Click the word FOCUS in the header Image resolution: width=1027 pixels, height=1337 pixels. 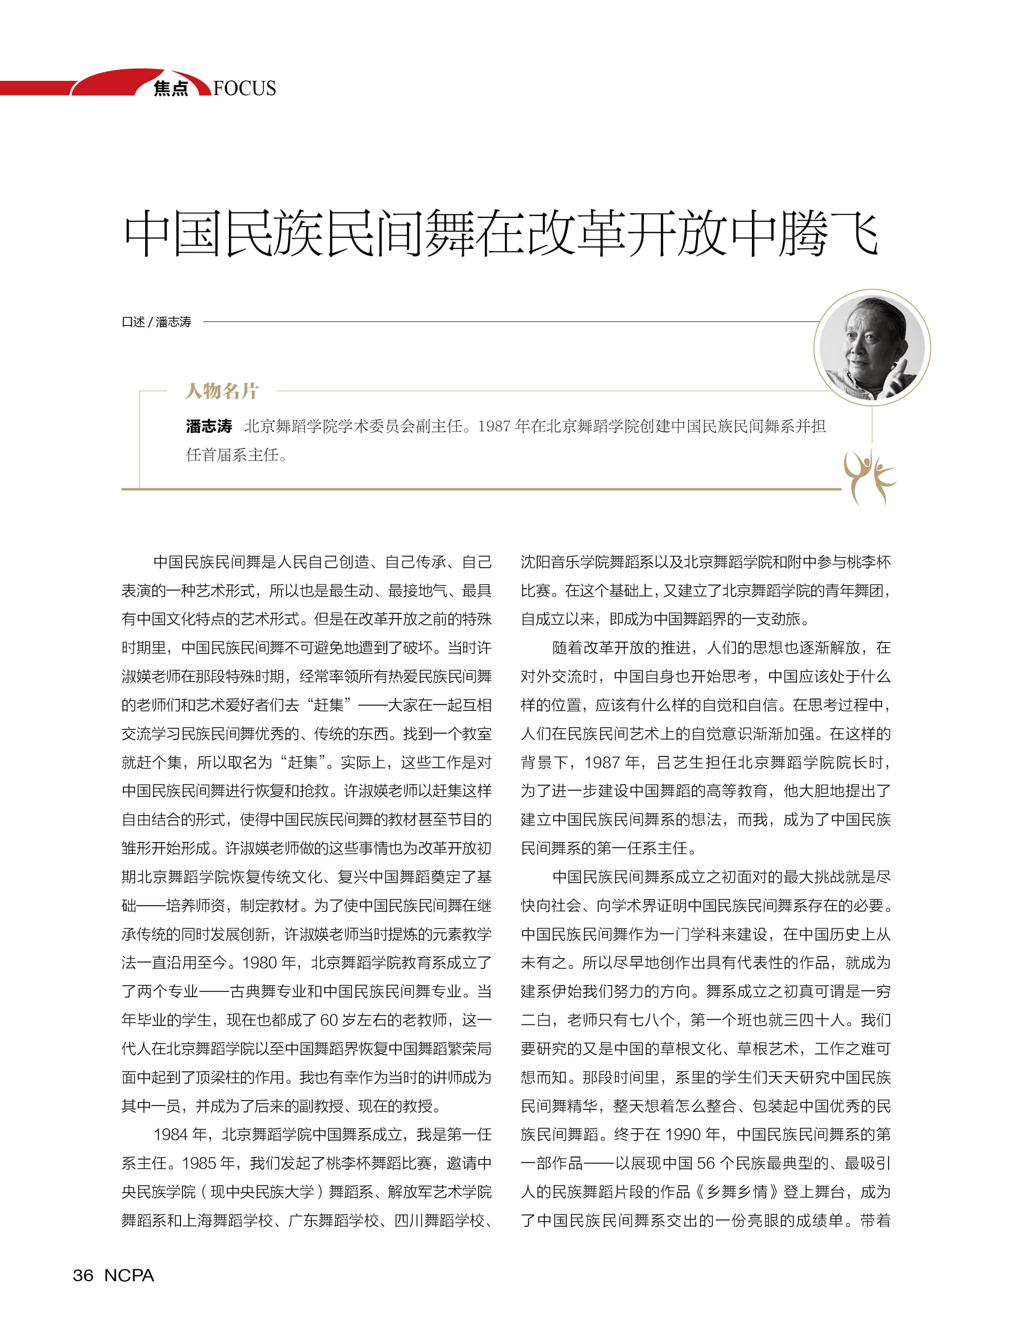click(245, 89)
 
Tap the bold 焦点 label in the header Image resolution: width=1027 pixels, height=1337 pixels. click(171, 89)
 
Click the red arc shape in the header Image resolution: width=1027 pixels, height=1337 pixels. click(116, 82)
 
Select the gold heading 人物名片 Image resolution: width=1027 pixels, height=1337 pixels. click(222, 391)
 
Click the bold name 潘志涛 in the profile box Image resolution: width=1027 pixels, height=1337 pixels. click(209, 426)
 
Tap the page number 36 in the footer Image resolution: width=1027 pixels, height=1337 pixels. click(83, 1275)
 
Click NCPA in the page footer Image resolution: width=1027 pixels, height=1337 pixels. click(129, 1275)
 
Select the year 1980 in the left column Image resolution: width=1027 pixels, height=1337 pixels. click(260, 962)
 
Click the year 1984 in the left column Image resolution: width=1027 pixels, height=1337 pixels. click(172, 1134)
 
